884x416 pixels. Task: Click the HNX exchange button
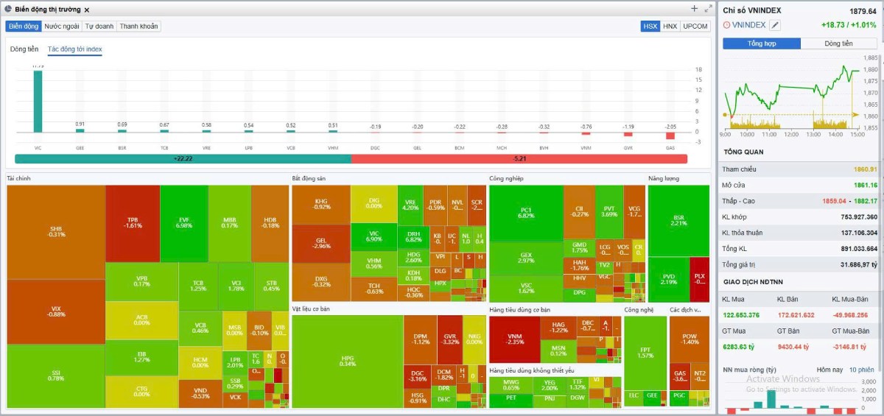670,26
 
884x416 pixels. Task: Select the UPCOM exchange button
695,26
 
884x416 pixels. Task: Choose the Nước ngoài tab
62,26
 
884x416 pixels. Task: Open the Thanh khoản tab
138,26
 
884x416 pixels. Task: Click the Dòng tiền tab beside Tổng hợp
838,43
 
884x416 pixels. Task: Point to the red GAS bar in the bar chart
670,135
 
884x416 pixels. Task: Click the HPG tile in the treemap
347,361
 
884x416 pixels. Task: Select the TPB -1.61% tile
133,223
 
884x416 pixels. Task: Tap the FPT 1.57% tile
645,353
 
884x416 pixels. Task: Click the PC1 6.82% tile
526,213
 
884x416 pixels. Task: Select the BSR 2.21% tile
678,220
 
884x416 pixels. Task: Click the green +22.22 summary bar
183,158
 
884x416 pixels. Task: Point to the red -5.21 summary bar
519,158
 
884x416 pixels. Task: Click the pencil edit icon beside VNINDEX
775,25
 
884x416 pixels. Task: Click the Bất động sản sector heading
309,178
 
